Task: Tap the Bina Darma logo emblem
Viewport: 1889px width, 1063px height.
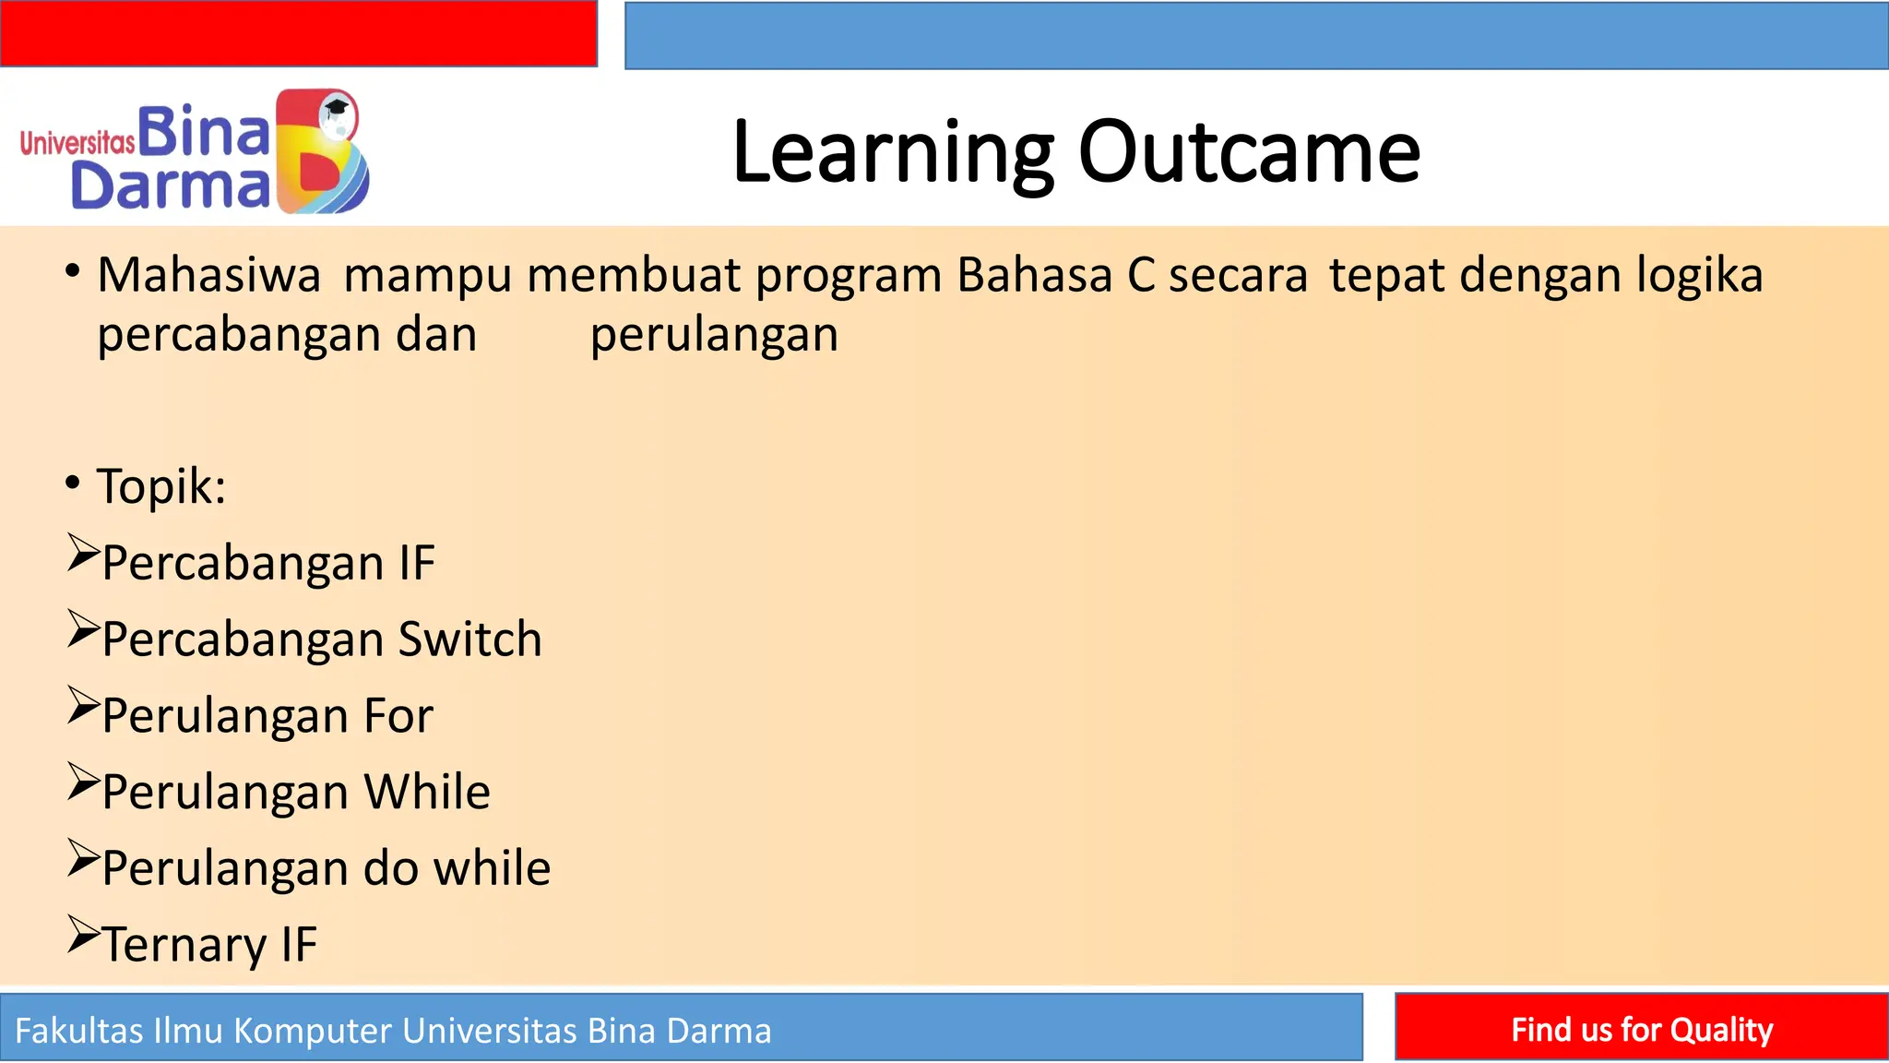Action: pyautogui.click(x=323, y=152)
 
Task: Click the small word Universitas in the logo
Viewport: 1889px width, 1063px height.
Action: pyautogui.click(x=77, y=143)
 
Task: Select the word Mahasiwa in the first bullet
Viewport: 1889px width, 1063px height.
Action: pyautogui.click(x=209, y=276)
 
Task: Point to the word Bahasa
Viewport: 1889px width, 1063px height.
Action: pyautogui.click(x=1035, y=276)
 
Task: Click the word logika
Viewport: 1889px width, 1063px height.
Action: pyautogui.click(x=1699, y=276)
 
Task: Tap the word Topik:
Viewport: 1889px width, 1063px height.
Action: pyautogui.click(x=161, y=486)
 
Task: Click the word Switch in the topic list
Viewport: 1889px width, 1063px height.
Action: pyautogui.click(x=469, y=639)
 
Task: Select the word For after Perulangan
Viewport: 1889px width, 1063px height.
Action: pyautogui.click(x=398, y=716)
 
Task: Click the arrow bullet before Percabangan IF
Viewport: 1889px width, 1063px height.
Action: pyautogui.click(x=83, y=554)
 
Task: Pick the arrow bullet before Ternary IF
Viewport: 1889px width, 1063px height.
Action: pyautogui.click(x=83, y=935)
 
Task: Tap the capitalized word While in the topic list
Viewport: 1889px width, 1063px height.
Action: pyautogui.click(x=426, y=792)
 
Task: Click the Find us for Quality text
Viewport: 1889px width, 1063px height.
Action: pyautogui.click(x=1641, y=1029)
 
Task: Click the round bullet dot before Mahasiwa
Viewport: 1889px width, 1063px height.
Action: pyautogui.click(x=73, y=271)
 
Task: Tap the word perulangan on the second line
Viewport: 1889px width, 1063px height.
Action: pyautogui.click(x=714, y=335)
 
